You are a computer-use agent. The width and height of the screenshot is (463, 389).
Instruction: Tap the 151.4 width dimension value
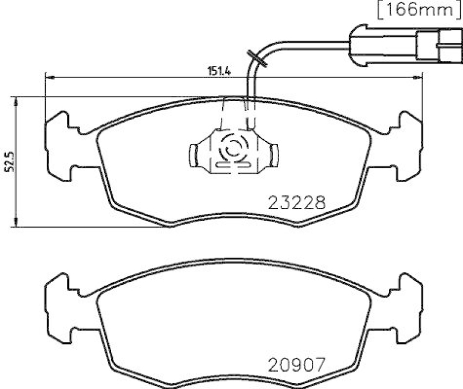[x=220, y=72]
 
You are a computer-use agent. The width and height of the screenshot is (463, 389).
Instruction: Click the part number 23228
[x=297, y=203]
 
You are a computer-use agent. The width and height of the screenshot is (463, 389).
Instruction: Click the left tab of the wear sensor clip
[x=194, y=153]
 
